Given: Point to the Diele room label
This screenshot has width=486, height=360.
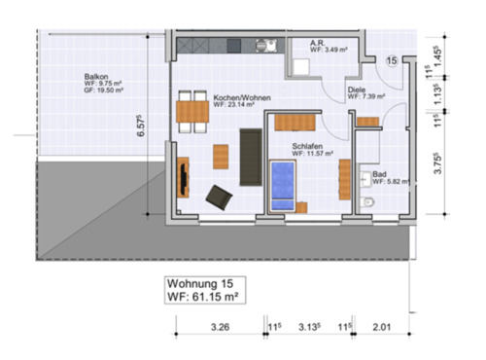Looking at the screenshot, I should [x=357, y=90].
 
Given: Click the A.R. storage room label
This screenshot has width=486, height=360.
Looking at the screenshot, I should [x=318, y=44].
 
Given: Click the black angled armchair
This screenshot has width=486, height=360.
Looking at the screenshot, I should [x=218, y=196].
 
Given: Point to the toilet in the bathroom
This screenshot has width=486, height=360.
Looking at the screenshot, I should [x=365, y=200].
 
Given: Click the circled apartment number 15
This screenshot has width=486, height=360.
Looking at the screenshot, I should [x=391, y=61].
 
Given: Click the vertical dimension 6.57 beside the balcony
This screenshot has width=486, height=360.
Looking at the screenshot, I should [x=144, y=127].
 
